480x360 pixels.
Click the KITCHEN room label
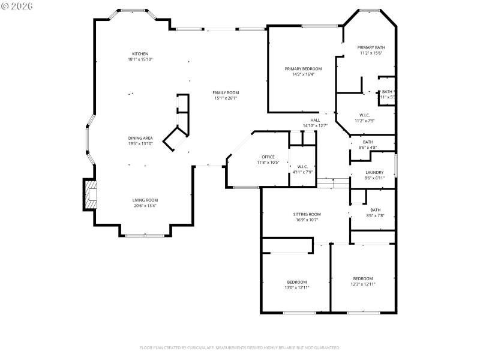tap(140, 54)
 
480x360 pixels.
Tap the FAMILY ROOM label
tap(225, 92)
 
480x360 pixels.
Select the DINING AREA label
tap(140, 138)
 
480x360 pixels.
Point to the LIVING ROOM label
tap(145, 200)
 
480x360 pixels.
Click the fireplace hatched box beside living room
tap(90, 195)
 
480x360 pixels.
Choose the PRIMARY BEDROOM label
tap(303, 69)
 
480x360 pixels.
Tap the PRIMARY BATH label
tap(371, 47)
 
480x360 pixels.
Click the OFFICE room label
tap(268, 157)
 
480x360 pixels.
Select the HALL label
tap(315, 120)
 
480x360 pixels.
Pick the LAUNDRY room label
tap(374, 173)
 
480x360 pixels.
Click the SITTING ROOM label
tap(307, 214)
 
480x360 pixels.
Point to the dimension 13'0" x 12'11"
tap(296, 287)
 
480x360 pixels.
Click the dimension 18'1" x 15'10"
tap(140, 59)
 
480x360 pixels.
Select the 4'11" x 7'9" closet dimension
tap(302, 172)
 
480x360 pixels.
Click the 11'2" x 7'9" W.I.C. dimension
tap(364, 121)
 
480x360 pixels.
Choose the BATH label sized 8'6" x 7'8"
tap(375, 209)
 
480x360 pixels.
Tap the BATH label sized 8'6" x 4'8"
tap(367, 142)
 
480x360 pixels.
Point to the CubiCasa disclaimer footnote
tap(240, 347)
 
